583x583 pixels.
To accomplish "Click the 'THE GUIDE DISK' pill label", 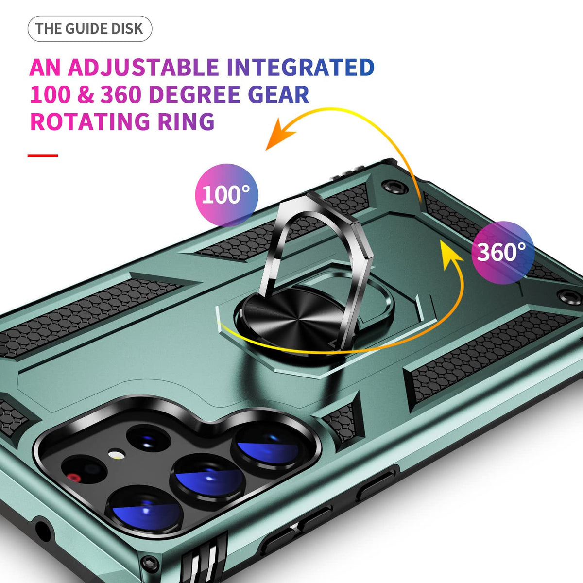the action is [89, 29].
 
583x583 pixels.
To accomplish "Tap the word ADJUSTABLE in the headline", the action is [143, 67].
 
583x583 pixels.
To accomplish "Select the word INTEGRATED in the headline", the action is [300, 67].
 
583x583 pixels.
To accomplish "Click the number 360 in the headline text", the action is [120, 94].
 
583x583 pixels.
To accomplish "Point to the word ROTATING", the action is [90, 121].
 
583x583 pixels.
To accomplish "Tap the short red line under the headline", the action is [43, 156].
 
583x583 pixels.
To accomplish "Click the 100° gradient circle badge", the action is [226, 195].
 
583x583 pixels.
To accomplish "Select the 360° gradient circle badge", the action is [502, 253].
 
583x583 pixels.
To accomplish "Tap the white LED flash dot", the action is [117, 455].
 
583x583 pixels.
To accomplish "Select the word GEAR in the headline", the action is [278, 94].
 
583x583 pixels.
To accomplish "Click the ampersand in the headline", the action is [86, 94].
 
